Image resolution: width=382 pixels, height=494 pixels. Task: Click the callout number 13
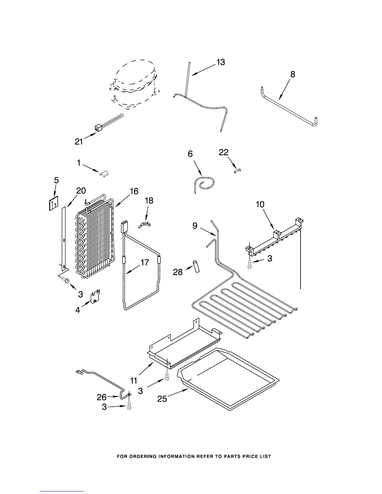[x=220, y=62]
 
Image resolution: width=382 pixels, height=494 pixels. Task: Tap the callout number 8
[x=292, y=74]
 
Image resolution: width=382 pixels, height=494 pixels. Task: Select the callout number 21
[x=79, y=142]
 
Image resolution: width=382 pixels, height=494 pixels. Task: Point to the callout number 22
[x=223, y=153]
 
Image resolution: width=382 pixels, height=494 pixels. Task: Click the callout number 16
[x=134, y=191]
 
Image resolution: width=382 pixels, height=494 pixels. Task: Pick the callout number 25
[x=162, y=399]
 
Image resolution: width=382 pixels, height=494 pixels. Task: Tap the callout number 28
[x=178, y=272]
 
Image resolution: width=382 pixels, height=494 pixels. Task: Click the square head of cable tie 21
[x=99, y=127]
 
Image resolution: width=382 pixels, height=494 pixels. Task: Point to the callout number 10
[x=260, y=205]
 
